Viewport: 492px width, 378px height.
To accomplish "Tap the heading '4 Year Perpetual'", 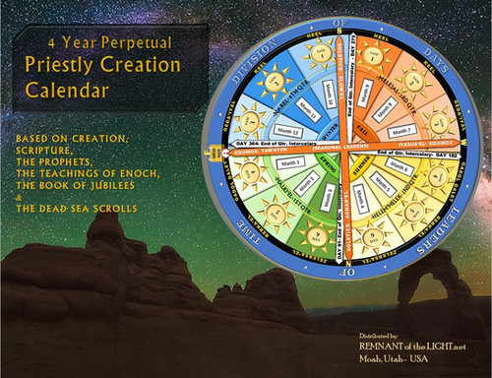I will tap(96, 43).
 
